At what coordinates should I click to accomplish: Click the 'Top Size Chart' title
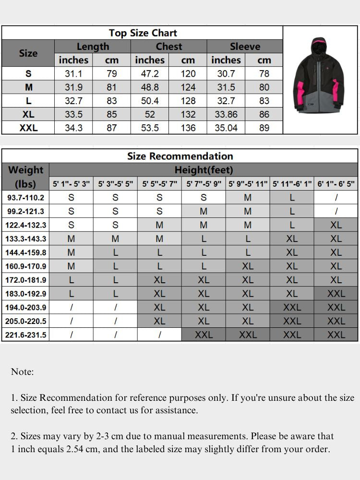[x=143, y=33]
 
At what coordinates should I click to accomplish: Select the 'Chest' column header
[x=168, y=47]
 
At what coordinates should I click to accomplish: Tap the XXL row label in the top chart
[x=28, y=128]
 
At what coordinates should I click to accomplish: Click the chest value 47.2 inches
[x=150, y=73]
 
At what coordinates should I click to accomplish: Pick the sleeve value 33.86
[x=226, y=114]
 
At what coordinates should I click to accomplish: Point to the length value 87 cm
[x=112, y=128]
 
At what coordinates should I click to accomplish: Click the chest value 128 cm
[x=188, y=101]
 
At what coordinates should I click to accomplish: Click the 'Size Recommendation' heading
[x=180, y=156]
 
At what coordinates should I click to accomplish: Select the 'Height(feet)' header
[x=204, y=169]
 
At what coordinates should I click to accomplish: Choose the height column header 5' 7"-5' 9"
[x=204, y=184]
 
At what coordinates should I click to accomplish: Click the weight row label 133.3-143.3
[x=26, y=239]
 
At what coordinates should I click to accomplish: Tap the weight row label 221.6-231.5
[x=26, y=335]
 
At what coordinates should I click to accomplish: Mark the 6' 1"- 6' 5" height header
[x=336, y=184]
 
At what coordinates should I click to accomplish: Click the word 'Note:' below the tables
[x=22, y=372]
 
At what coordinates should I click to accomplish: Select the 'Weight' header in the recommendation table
[x=26, y=170]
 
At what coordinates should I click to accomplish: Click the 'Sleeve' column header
[x=245, y=47]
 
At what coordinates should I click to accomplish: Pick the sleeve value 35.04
[x=226, y=128]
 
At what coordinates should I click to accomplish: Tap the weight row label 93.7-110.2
[x=26, y=197]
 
